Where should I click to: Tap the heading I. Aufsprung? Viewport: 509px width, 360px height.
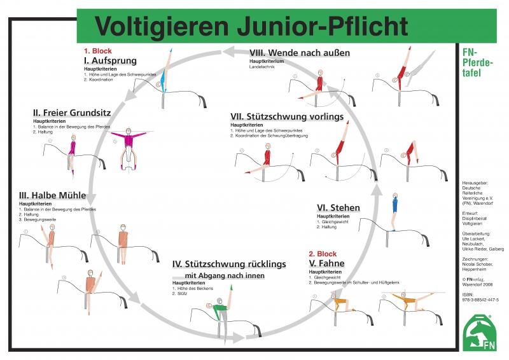(110, 60)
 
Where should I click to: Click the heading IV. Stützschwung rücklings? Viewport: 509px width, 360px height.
(229, 264)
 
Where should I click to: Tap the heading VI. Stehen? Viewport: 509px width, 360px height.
(338, 207)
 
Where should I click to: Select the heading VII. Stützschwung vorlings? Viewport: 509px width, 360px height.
(287, 117)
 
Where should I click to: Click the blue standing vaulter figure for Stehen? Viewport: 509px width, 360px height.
(394, 204)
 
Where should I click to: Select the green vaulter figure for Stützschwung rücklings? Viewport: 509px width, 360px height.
(220, 310)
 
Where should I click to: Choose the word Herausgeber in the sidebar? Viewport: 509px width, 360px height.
(475, 184)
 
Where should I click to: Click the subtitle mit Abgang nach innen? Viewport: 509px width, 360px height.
(224, 276)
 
